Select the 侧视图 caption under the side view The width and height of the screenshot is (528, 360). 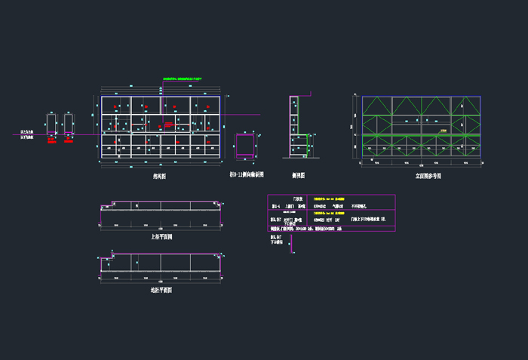pos(298,173)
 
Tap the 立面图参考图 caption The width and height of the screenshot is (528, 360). pos(428,175)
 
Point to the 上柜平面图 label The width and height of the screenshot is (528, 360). pos(161,236)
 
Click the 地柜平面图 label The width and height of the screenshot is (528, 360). pos(161,289)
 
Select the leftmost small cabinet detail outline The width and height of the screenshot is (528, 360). pos(51,126)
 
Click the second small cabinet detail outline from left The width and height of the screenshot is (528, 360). pos(69,126)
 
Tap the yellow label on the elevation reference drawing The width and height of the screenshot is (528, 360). pos(444,131)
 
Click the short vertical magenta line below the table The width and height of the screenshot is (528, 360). pos(293,248)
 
